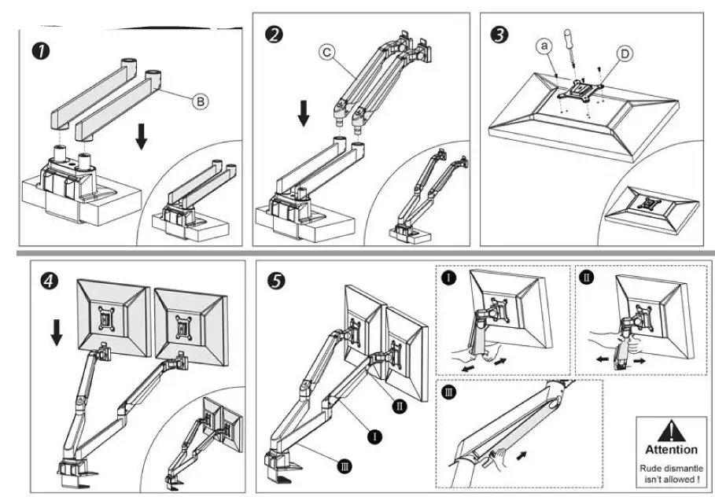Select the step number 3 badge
pos(497,35)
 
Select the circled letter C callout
pos(326,53)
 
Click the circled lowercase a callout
pos(544,47)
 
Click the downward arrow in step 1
pos(141,136)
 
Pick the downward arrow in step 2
pos(304,116)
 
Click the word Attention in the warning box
pos(671,450)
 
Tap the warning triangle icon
pos(671,430)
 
